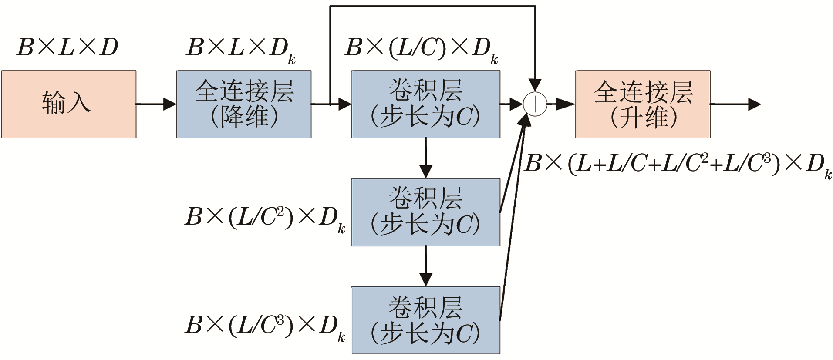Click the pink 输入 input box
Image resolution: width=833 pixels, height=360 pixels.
(x=69, y=104)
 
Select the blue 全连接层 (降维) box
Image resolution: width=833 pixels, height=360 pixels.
(x=243, y=104)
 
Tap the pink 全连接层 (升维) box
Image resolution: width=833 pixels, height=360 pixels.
(x=643, y=104)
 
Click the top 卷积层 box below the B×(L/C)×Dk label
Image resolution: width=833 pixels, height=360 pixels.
(x=425, y=104)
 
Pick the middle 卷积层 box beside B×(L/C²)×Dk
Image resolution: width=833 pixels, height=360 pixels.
(x=425, y=212)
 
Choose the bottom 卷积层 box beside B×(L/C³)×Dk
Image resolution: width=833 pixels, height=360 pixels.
(x=425, y=320)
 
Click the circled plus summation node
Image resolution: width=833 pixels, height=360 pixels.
(x=535, y=104)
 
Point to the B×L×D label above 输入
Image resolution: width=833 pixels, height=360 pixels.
(x=67, y=47)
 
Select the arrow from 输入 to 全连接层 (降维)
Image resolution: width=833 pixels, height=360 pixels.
(x=156, y=104)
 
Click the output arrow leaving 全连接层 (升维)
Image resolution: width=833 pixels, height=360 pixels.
(x=736, y=104)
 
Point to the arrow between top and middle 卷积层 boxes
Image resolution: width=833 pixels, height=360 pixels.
(x=425, y=158)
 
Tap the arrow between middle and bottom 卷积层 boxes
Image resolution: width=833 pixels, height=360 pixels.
(x=425, y=266)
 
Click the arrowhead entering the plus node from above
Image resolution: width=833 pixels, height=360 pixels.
(x=535, y=84)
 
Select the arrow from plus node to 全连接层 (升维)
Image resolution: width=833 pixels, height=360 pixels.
(x=562, y=104)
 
